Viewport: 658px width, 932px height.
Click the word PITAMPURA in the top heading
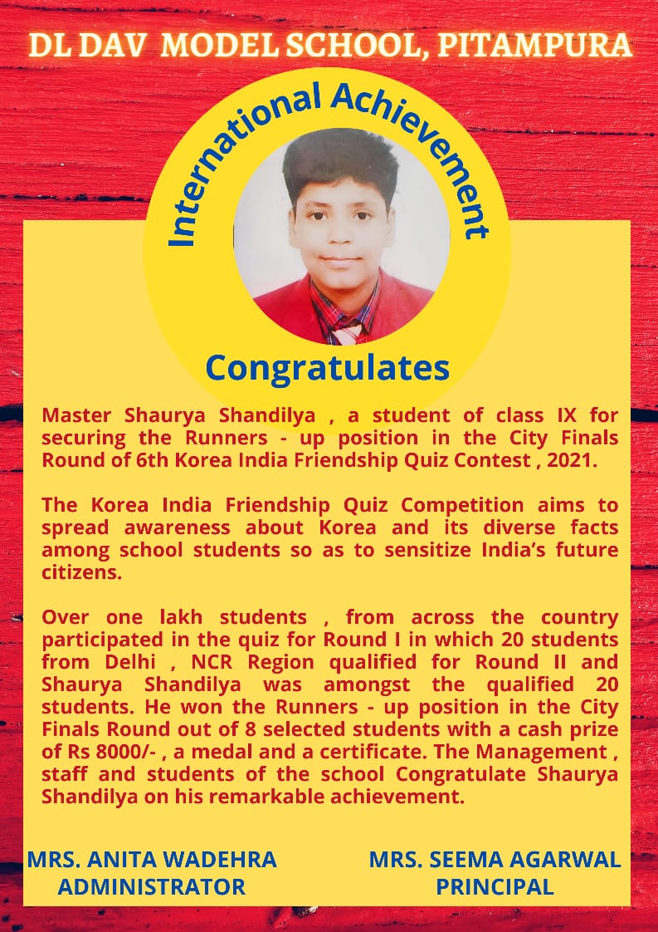534,47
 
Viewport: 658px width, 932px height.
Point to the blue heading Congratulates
328,365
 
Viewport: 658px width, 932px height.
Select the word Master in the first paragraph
77,414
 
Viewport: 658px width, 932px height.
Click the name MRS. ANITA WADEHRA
153,859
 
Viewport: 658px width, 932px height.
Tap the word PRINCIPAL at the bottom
495,886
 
